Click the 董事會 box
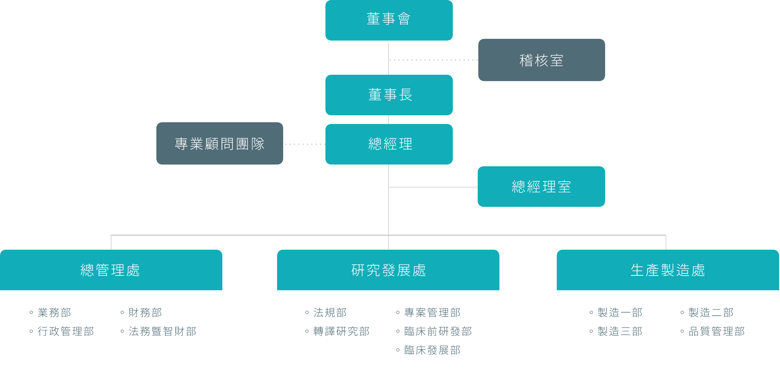click(x=389, y=20)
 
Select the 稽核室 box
click(x=541, y=60)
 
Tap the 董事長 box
click(x=389, y=95)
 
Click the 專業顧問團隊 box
click(x=219, y=144)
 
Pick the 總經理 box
click(x=389, y=144)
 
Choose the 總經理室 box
click(x=541, y=187)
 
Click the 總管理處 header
click(x=111, y=270)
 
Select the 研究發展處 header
click(x=388, y=270)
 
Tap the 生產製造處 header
click(x=668, y=270)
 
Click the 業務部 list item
click(x=54, y=313)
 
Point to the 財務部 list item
click(x=145, y=313)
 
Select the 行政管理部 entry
click(x=65, y=331)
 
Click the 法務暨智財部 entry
click(x=162, y=331)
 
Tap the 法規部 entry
click(x=330, y=313)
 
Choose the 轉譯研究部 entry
click(x=341, y=331)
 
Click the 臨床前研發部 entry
click(x=438, y=331)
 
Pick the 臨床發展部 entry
click(x=432, y=350)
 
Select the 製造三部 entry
click(x=620, y=331)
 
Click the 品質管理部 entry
click(x=716, y=331)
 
